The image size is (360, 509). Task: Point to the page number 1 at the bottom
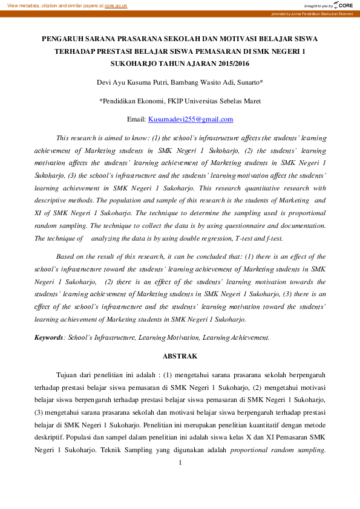tap(180, 463)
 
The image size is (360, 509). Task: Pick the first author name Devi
tap(105, 82)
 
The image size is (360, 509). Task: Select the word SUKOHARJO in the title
tap(133, 63)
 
